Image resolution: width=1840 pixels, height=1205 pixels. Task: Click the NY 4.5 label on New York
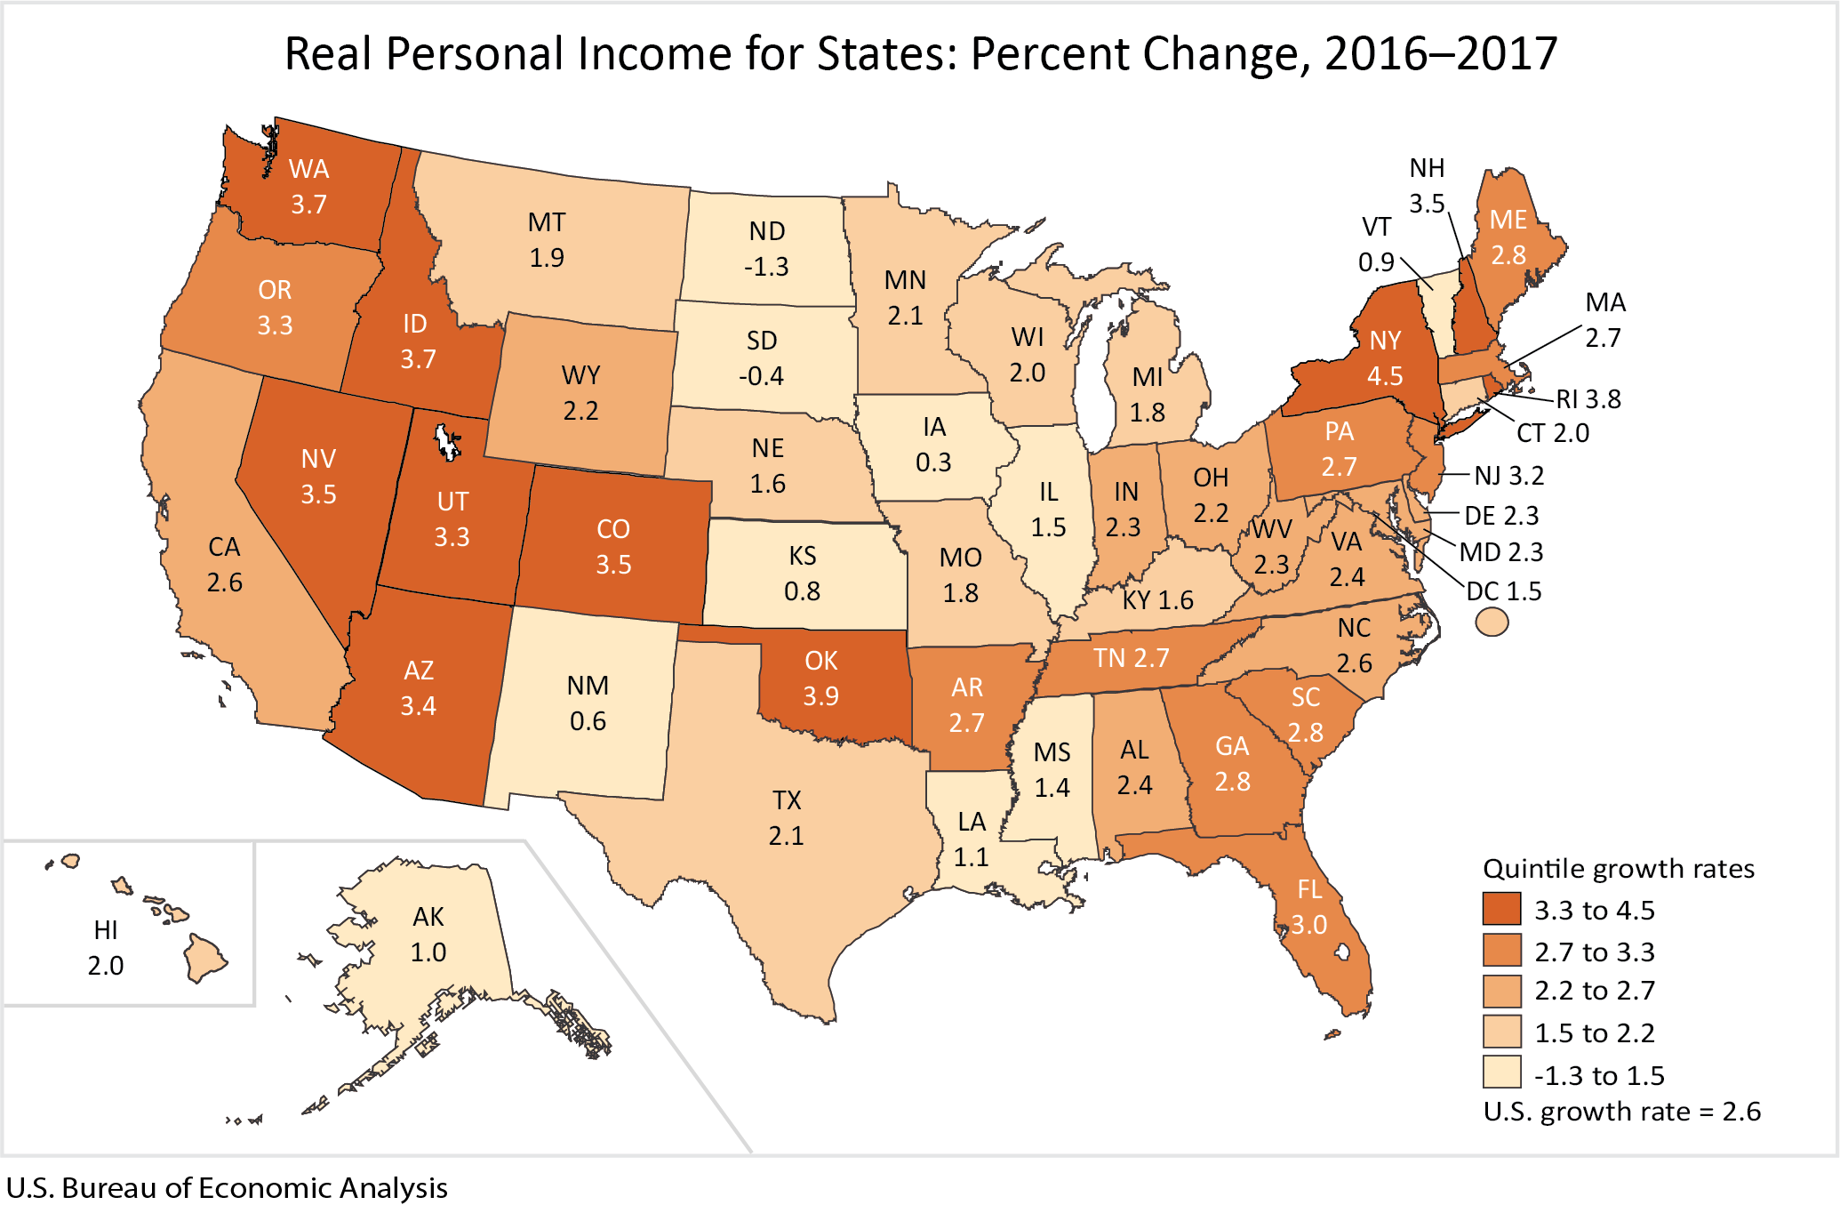1385,357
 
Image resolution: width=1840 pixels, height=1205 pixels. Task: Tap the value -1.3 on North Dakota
766,267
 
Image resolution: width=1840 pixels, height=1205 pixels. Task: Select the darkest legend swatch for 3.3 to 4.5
1501,909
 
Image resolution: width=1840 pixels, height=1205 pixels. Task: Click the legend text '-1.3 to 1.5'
1599,1075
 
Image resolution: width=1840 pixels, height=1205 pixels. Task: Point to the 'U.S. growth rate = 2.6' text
1621,1112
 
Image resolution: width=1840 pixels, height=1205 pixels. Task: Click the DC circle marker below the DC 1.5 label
1492,621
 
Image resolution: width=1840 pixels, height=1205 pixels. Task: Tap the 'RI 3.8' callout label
1588,399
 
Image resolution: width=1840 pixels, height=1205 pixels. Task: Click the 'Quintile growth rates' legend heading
1619,868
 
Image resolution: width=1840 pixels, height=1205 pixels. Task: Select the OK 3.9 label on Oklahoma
820,678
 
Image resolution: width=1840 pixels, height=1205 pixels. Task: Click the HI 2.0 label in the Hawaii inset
106,947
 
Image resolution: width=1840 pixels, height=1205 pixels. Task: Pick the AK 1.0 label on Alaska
428,934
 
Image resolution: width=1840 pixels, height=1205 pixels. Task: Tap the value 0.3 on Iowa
933,462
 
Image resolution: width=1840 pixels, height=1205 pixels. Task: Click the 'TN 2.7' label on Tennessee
1131,658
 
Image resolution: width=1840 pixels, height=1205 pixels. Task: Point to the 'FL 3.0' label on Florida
1309,906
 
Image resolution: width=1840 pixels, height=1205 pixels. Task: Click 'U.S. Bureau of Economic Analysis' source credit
227,1188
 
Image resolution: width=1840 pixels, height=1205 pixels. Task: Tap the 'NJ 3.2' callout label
1508,476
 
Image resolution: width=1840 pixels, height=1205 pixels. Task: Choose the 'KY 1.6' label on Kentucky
1157,600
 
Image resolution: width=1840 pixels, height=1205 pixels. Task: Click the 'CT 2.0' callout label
1552,433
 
